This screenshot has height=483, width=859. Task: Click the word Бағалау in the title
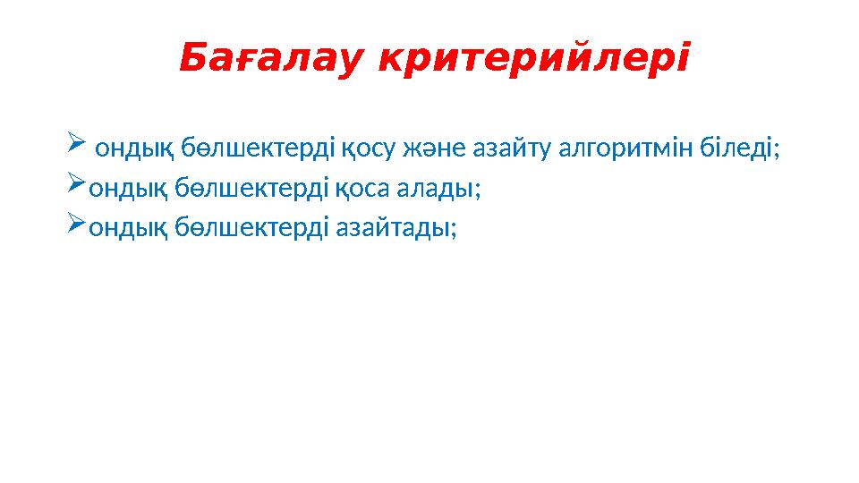pos(272,60)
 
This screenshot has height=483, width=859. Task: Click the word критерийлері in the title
pos(534,60)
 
